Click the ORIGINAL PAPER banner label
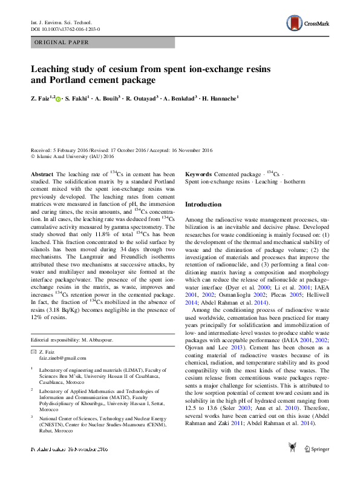click(61, 42)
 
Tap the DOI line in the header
click(65, 29)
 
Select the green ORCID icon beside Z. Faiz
click(59, 98)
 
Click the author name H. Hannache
click(221, 97)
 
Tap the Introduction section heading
click(203, 205)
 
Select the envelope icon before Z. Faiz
click(34, 352)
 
